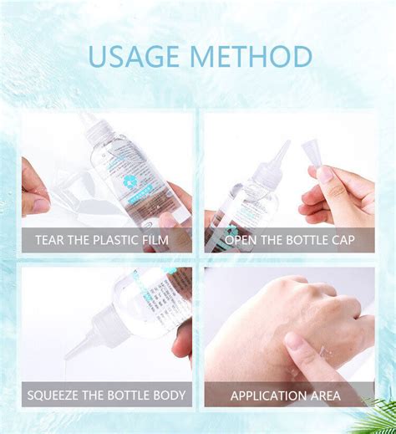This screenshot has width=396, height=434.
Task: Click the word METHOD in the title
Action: (x=251, y=57)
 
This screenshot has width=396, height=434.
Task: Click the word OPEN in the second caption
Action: (x=243, y=241)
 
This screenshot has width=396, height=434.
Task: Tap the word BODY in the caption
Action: (x=165, y=394)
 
